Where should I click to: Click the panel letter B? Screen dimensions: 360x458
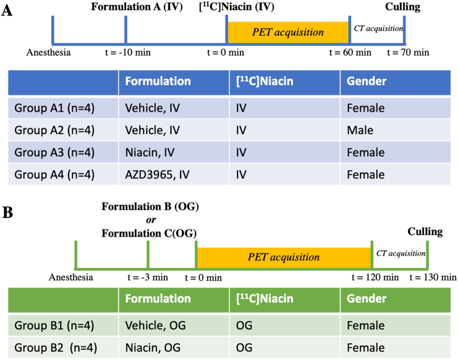(x=7, y=214)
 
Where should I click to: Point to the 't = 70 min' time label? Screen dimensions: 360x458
(x=408, y=52)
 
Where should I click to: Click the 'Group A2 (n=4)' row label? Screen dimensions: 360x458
(x=54, y=130)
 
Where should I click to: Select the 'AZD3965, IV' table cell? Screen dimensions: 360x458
(x=155, y=175)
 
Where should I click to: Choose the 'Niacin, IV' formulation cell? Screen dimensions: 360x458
(x=150, y=153)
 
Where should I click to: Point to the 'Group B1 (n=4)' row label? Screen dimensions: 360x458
(x=54, y=325)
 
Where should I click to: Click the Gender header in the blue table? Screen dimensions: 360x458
(x=367, y=81)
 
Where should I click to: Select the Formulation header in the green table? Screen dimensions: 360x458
(x=158, y=299)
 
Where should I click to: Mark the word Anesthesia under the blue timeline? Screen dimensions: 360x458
(x=48, y=52)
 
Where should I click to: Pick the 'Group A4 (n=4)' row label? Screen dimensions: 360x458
(x=54, y=175)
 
